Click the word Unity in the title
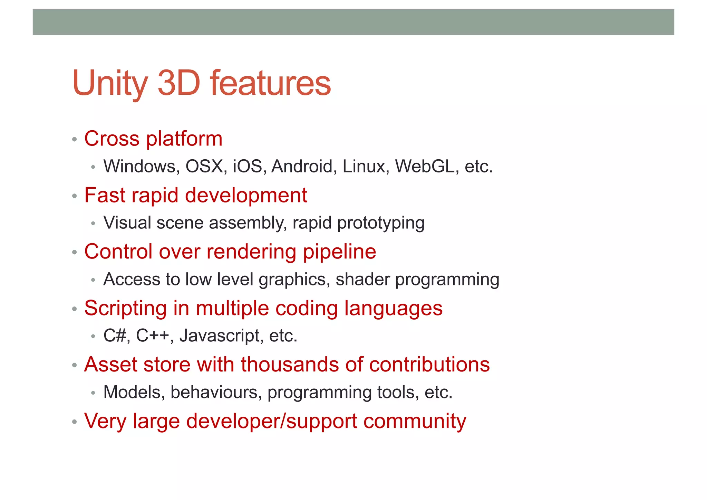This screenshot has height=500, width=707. [110, 84]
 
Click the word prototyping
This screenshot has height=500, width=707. [381, 223]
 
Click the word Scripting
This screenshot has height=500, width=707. [125, 308]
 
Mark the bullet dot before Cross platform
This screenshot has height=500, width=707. [74, 140]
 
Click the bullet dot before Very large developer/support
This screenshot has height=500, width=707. [74, 422]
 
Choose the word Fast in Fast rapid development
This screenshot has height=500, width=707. [105, 195]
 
